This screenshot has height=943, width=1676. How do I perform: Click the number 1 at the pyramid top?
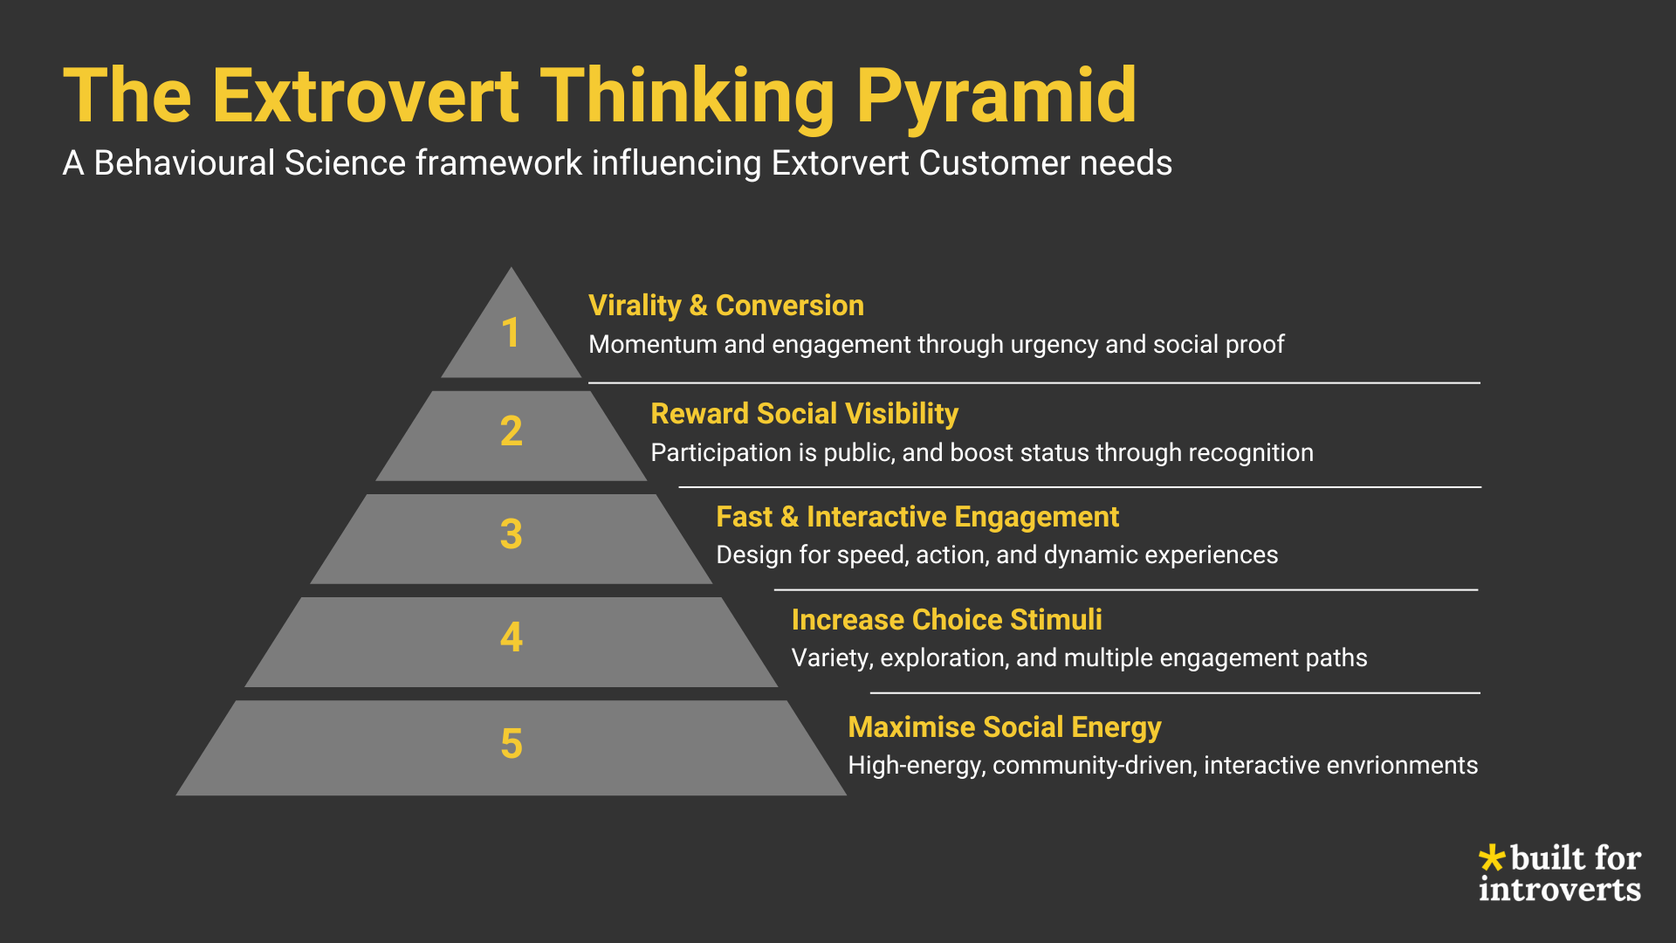[x=511, y=333]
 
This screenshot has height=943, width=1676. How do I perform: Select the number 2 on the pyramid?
[x=512, y=431]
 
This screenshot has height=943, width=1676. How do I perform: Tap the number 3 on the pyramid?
[x=512, y=534]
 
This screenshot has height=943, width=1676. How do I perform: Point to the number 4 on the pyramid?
[x=512, y=637]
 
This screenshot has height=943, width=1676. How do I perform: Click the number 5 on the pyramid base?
[x=512, y=745]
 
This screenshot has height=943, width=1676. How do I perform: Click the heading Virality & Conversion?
[x=725, y=306]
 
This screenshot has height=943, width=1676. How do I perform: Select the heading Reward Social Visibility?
[x=804, y=414]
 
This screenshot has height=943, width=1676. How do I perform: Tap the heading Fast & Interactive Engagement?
[x=917, y=517]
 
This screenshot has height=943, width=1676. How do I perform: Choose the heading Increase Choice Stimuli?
[x=946, y=620]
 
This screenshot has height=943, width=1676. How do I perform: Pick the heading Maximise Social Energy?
[x=1004, y=727]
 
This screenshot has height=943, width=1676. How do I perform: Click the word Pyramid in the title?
[x=996, y=96]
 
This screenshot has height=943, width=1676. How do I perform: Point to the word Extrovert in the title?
[x=366, y=96]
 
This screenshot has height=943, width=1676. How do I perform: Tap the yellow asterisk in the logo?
[x=1492, y=857]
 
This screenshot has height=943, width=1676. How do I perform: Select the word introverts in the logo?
[x=1559, y=890]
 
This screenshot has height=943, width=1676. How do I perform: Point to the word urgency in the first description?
[x=1054, y=345]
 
